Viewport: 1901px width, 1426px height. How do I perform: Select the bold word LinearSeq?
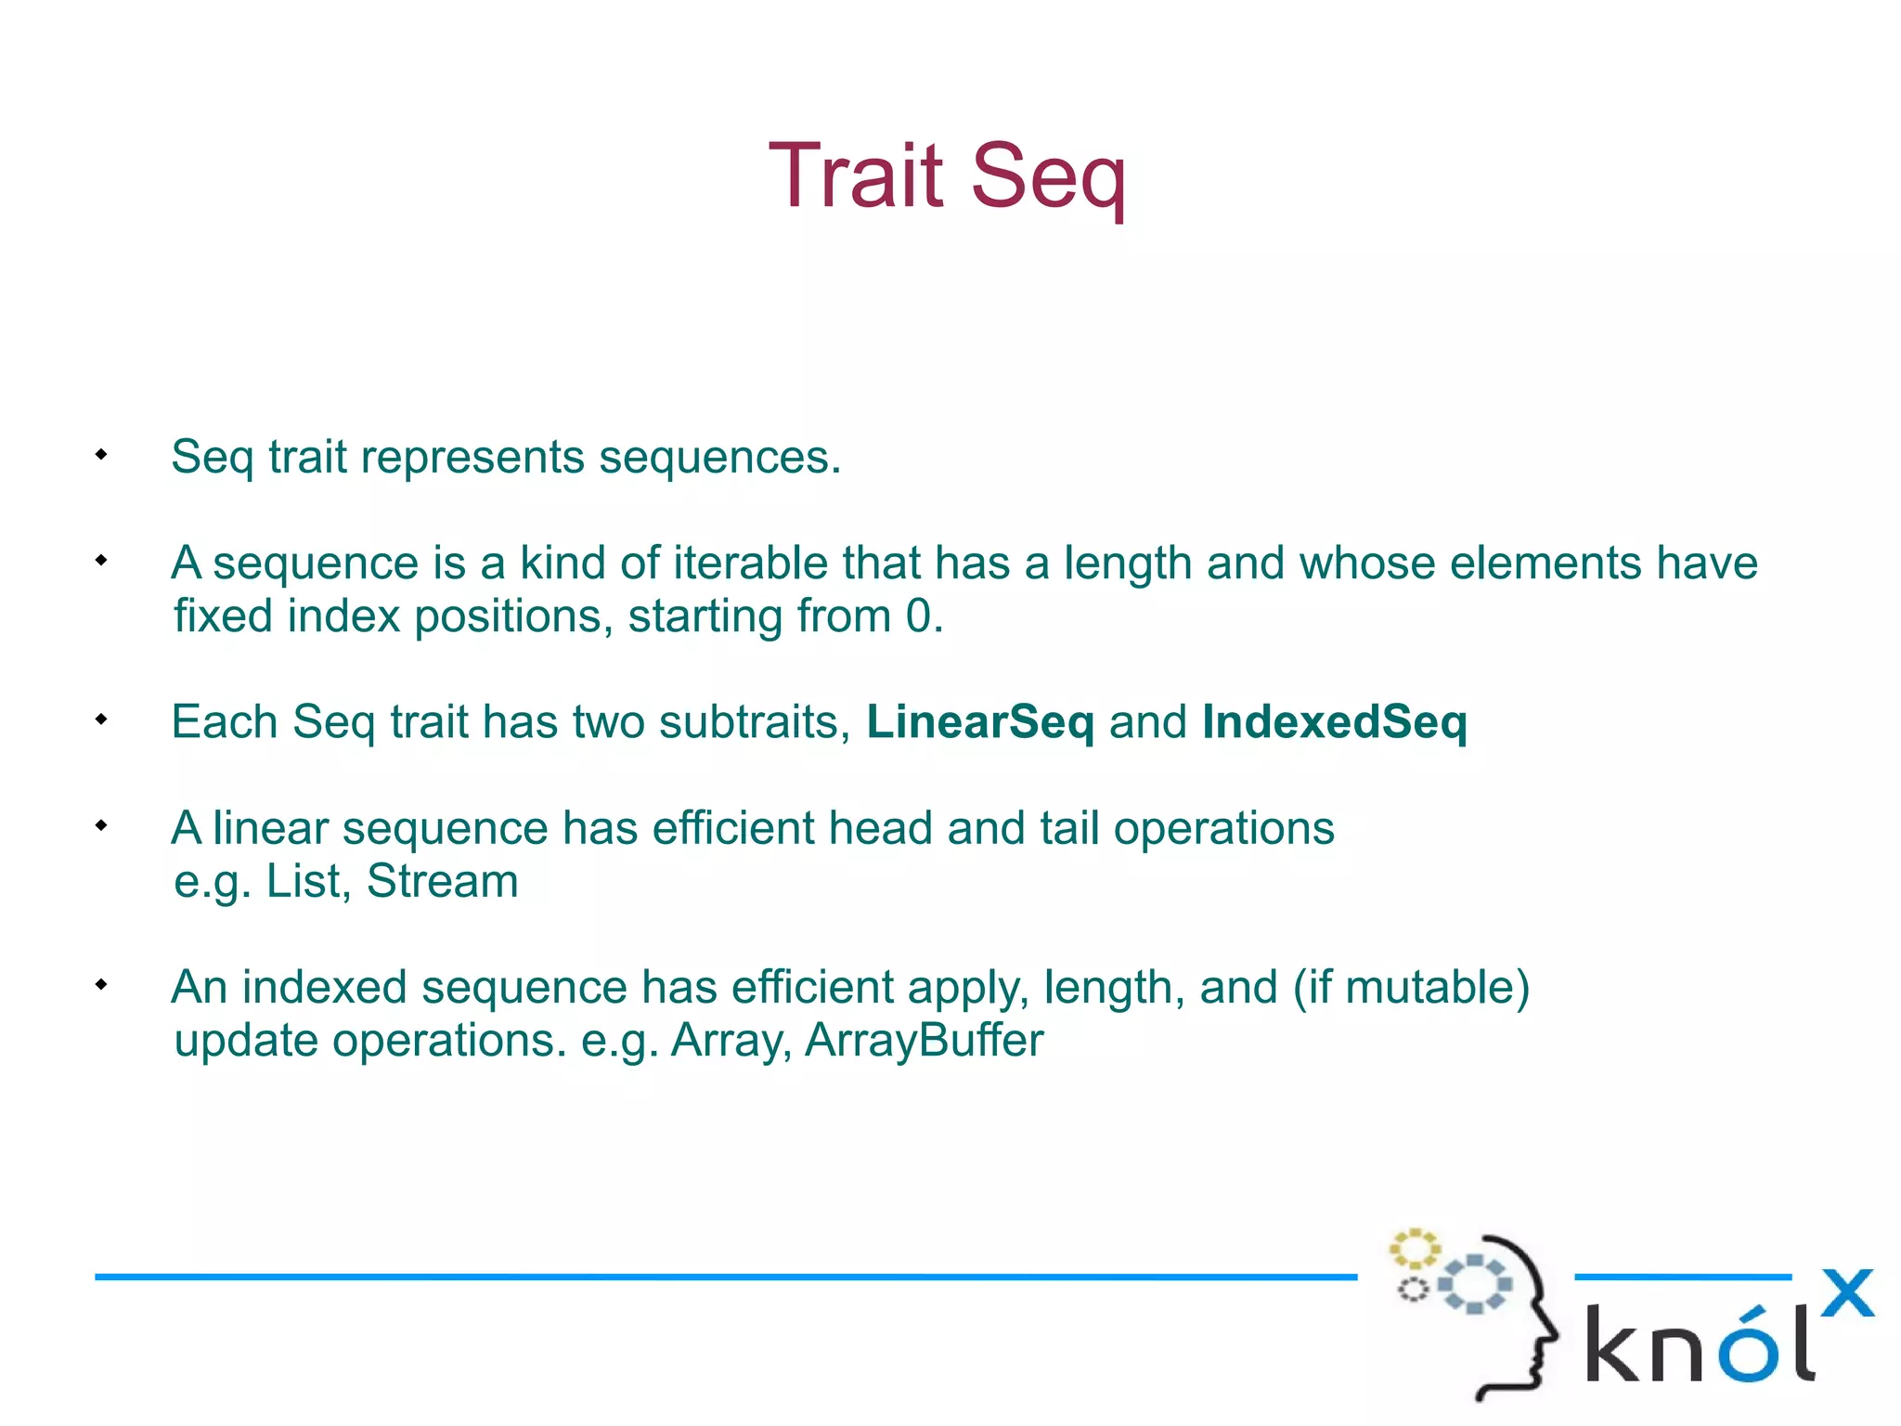pyautogui.click(x=980, y=722)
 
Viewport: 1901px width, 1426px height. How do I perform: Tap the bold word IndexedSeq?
pyautogui.click(x=1334, y=722)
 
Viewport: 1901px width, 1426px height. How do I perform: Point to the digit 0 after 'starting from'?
pyautogui.click(x=918, y=616)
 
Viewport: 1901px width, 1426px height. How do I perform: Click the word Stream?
pyautogui.click(x=442, y=881)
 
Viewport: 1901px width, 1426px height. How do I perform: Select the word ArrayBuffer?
pyautogui.click(x=924, y=1041)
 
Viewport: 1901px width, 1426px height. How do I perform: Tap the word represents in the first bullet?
pyautogui.click(x=472, y=458)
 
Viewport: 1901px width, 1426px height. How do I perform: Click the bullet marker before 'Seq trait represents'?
pyautogui.click(x=101, y=455)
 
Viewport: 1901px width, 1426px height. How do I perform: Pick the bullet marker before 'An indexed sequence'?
pyautogui.click(x=101, y=984)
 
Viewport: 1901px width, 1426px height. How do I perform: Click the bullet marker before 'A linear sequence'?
pyautogui.click(x=101, y=825)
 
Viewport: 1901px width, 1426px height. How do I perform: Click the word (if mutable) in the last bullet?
pyautogui.click(x=1411, y=988)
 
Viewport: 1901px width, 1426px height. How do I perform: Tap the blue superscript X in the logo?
pyautogui.click(x=1847, y=1293)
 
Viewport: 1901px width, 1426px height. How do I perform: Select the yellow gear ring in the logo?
pyautogui.click(x=1414, y=1249)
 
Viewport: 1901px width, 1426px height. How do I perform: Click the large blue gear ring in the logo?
pyautogui.click(x=1474, y=1284)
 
